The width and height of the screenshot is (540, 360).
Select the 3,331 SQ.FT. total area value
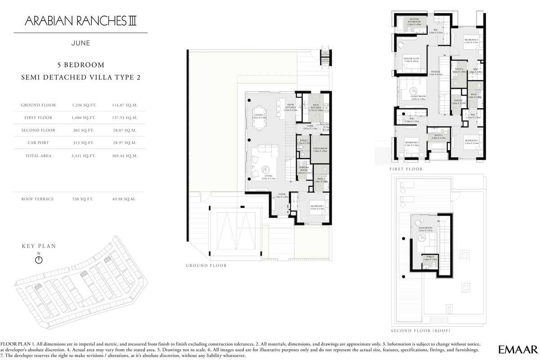point(82,156)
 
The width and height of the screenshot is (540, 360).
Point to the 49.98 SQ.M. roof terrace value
point(123,198)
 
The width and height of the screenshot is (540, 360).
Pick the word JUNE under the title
point(81,44)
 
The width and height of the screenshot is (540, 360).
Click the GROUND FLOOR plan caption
point(206,265)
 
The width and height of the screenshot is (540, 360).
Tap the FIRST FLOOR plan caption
point(406,169)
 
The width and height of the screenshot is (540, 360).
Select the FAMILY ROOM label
point(418,97)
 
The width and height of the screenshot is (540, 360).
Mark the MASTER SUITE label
point(411,58)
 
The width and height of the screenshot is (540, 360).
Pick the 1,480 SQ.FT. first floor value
point(82,118)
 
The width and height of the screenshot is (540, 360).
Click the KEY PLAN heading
point(39,246)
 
